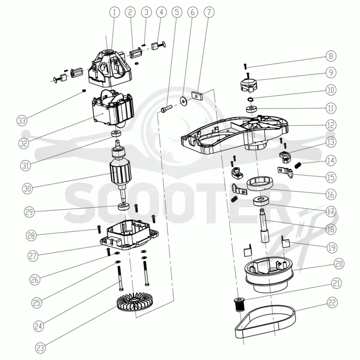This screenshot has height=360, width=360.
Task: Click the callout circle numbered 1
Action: click(x=115, y=12)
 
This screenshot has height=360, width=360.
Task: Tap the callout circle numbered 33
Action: click(x=22, y=120)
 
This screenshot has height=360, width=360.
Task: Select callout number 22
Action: click(x=332, y=303)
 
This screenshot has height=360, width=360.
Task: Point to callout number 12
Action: click(x=331, y=125)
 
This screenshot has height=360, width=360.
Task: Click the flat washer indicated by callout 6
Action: click(x=184, y=100)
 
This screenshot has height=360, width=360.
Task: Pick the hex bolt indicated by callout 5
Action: click(x=167, y=108)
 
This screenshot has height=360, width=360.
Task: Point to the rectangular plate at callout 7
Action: click(x=196, y=95)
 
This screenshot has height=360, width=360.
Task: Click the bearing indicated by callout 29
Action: click(x=123, y=206)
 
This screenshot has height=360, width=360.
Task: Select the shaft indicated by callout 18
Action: click(x=265, y=226)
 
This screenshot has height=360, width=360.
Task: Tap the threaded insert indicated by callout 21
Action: click(x=239, y=304)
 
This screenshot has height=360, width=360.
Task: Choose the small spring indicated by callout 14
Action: click(x=298, y=165)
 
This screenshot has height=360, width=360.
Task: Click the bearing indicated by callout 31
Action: click(x=116, y=134)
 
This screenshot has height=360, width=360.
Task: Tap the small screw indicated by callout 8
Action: click(x=245, y=66)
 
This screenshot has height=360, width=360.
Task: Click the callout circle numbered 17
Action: click(x=331, y=211)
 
